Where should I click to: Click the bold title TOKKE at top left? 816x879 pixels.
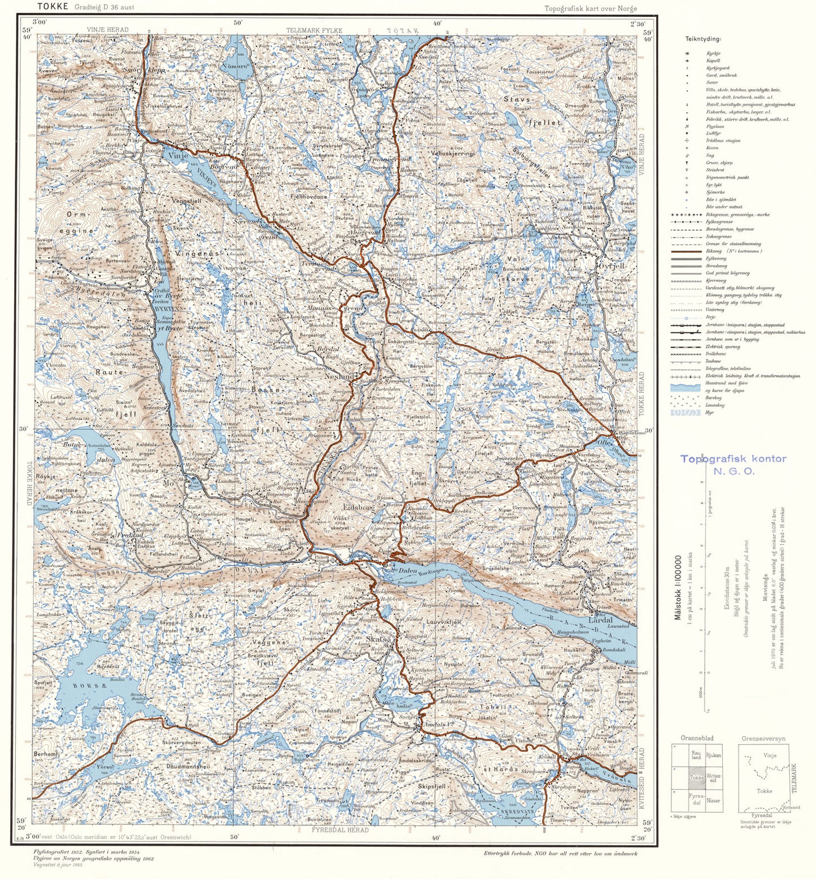[53, 7]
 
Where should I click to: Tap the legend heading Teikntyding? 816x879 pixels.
[703, 39]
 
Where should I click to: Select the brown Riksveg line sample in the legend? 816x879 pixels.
[686, 251]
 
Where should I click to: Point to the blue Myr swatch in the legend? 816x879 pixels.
[686, 412]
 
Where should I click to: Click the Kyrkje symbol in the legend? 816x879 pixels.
[687, 54]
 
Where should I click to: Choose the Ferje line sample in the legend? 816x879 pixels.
[686, 318]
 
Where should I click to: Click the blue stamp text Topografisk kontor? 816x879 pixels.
[733, 459]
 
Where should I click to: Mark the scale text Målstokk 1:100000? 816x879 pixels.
[678, 587]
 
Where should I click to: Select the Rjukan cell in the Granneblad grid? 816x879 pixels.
[713, 755]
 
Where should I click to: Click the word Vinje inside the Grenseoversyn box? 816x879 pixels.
[769, 755]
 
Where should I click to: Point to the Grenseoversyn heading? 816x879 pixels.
[763, 738]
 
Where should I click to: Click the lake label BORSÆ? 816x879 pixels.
[97, 686]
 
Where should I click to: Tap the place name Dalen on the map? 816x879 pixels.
[407, 571]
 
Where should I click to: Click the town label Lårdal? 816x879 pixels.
[600, 619]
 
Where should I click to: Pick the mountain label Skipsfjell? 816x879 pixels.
[432, 786]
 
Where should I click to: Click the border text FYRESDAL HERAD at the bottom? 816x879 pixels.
[340, 830]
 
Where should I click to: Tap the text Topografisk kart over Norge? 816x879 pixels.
[590, 8]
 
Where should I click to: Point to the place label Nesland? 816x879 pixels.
[339, 376]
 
